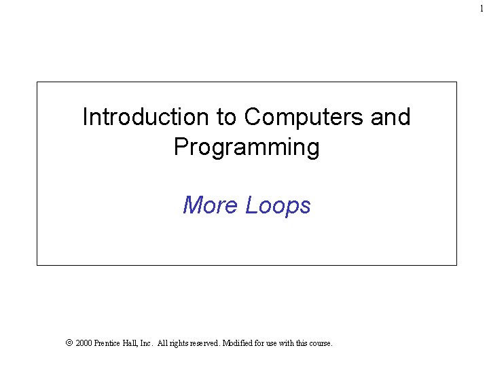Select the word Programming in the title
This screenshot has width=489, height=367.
point(247,147)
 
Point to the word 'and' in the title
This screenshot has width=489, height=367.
point(391,118)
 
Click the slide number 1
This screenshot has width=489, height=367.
point(482,7)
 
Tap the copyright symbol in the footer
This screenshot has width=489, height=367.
point(68,344)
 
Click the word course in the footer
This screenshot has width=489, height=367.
point(320,344)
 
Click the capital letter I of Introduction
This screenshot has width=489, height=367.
point(84,118)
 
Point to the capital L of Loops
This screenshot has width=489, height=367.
point(249,205)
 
